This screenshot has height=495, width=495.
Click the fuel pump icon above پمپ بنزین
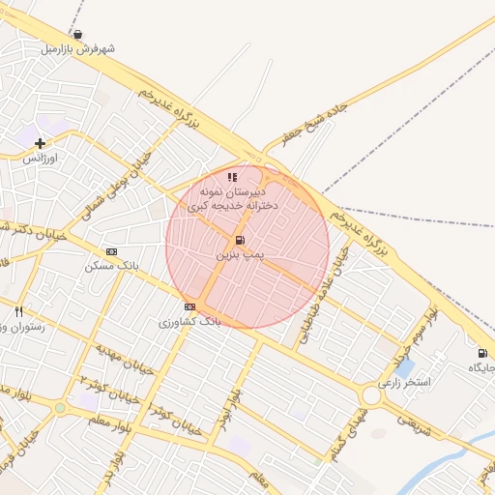point(239,240)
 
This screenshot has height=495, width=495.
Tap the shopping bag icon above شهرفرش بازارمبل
point(77,35)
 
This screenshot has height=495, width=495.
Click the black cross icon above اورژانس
point(40,144)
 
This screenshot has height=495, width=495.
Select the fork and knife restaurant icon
point(18,311)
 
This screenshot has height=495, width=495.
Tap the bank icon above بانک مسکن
point(111,251)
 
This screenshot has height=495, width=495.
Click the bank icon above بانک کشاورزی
point(189,306)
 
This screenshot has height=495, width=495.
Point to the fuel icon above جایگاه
point(480,353)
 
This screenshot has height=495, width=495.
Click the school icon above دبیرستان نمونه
point(231,178)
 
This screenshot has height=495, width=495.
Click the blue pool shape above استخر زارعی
point(405,368)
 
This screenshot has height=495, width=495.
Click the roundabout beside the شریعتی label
point(370,395)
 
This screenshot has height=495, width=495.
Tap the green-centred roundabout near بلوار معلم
point(60,407)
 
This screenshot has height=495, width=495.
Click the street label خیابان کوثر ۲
point(103,388)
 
